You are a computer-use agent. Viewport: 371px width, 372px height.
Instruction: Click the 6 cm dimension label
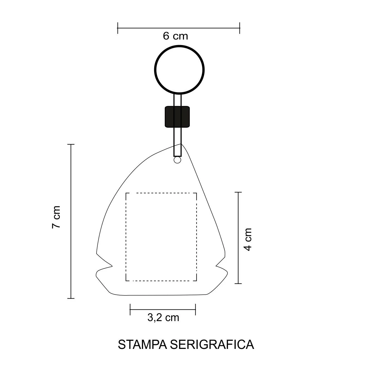point(175,36)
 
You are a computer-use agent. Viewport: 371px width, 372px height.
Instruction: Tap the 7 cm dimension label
point(56,217)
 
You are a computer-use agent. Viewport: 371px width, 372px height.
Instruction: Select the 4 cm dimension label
point(248,239)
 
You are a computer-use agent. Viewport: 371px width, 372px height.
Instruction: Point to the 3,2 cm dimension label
point(163,317)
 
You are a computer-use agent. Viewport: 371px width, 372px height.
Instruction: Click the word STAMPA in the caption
point(142,344)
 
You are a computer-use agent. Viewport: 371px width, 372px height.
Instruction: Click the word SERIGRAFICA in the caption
point(212,344)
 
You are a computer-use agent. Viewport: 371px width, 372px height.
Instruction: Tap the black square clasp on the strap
point(177,117)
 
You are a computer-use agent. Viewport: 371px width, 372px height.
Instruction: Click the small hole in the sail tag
point(177,160)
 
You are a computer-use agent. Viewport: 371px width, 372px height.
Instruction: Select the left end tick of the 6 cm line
point(118,28)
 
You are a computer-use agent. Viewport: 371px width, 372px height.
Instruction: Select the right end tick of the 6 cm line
point(240,28)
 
